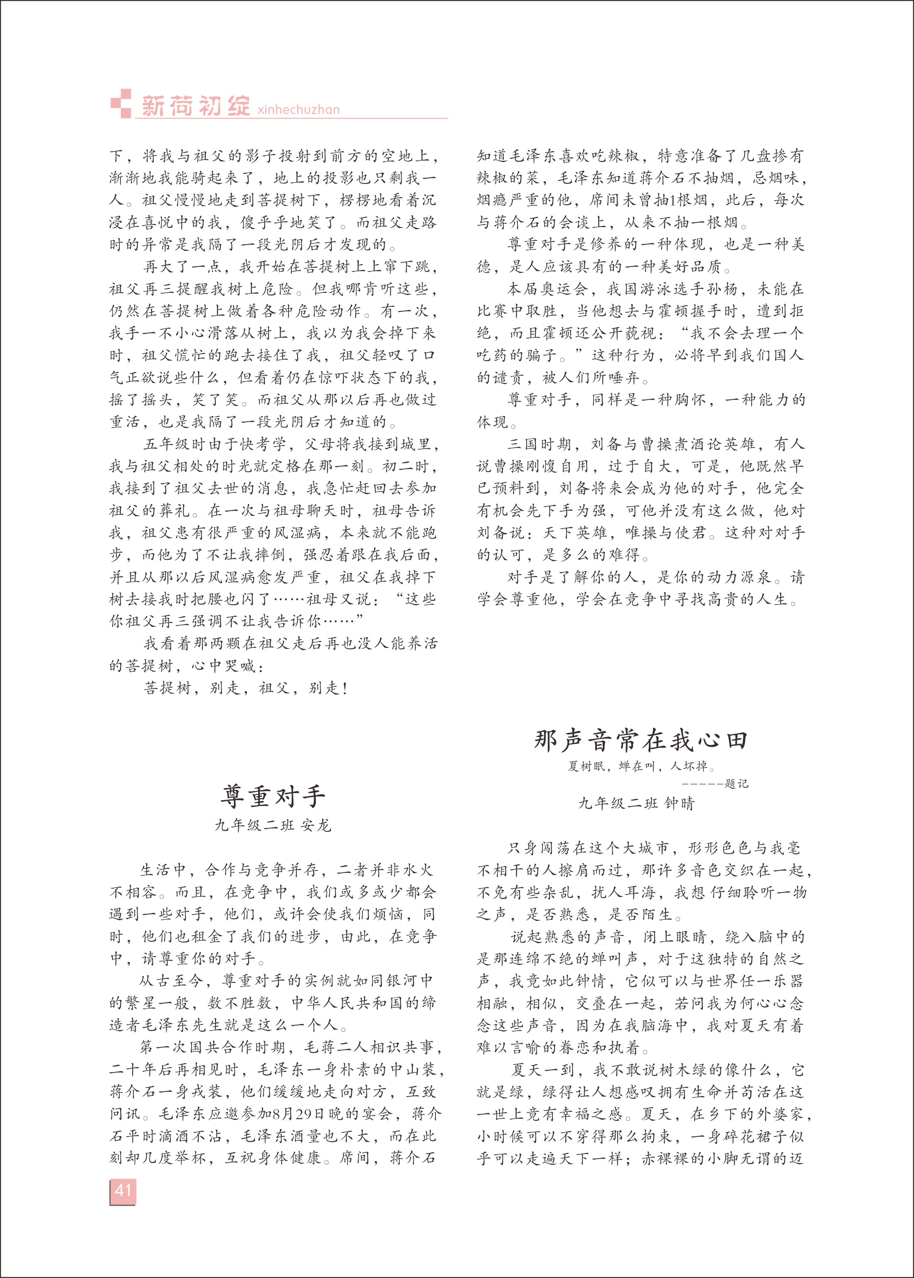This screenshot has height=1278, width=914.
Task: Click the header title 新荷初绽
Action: [x=196, y=105]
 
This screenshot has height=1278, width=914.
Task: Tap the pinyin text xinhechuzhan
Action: [x=298, y=109]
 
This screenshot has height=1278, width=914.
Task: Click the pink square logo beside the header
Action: [x=121, y=104]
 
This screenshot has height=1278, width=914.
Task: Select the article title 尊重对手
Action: [x=273, y=796]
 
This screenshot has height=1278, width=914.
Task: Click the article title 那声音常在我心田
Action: [x=641, y=740]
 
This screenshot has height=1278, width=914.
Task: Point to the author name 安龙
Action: [x=316, y=826]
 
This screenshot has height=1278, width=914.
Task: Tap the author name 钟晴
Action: [x=679, y=803]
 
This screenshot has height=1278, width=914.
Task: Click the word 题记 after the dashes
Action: [x=736, y=784]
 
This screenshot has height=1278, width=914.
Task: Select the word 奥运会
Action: [x=564, y=289]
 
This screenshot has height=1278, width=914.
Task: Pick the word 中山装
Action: [x=413, y=1069]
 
